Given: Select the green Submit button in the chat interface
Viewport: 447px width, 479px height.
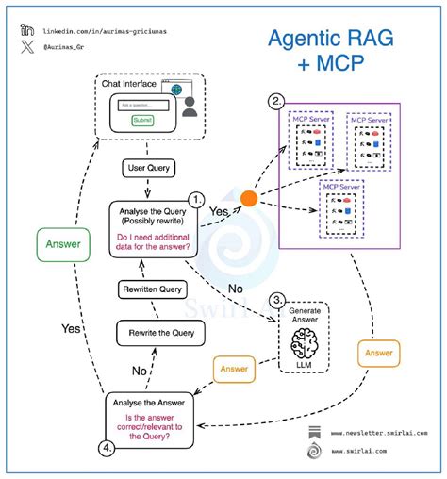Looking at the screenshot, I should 142,120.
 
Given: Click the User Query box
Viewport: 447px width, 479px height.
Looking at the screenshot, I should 147,167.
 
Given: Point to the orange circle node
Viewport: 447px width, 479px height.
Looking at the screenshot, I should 248,199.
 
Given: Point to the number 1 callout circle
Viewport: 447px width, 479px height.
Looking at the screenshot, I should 196,199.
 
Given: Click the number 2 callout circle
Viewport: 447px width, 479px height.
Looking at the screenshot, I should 276,101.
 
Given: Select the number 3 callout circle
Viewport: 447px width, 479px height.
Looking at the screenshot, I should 275,301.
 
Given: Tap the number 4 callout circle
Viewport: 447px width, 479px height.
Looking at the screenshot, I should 109,448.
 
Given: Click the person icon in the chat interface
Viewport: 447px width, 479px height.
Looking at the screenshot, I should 190,108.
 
